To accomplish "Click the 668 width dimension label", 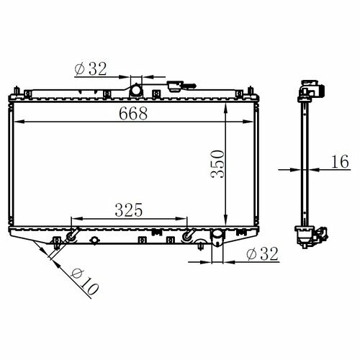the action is tap(133, 113).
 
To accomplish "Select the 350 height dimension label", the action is tap(217, 164).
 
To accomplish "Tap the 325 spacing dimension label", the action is tap(129, 210).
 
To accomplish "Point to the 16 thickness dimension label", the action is tap(340, 161).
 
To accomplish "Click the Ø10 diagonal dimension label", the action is tap(85, 282).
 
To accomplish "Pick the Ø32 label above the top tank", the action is tap(91, 69).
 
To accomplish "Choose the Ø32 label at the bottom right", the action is tap(262, 253).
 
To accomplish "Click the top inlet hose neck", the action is tap(136, 90).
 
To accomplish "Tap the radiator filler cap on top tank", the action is tap(175, 86).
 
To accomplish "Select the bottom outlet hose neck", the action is tap(217, 238).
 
